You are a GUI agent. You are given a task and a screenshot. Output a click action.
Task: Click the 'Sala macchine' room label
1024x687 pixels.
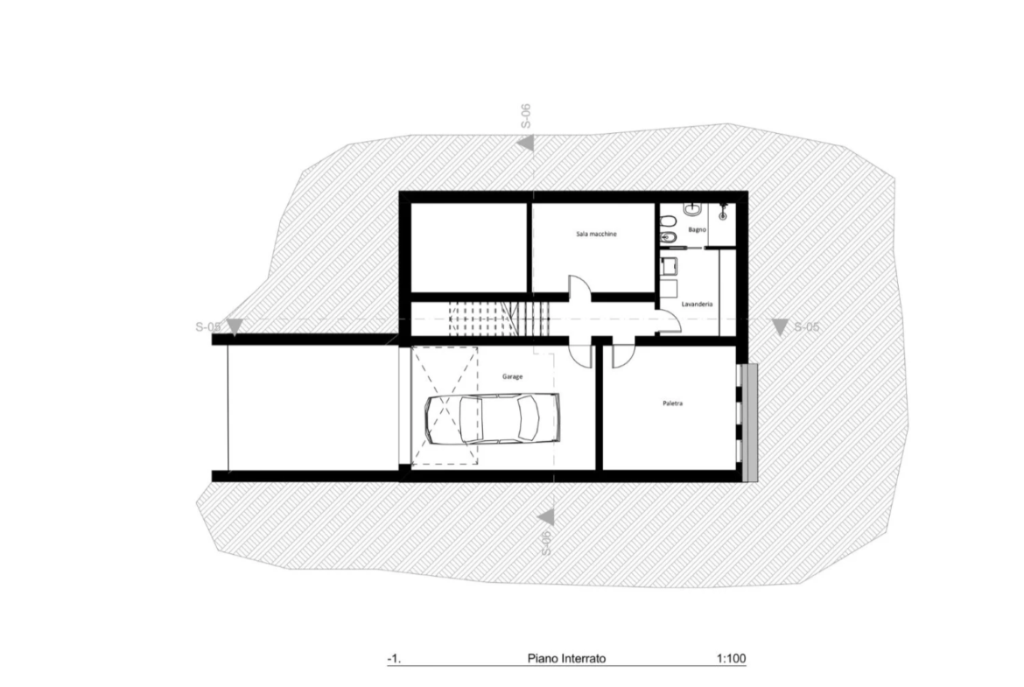coord(596,234)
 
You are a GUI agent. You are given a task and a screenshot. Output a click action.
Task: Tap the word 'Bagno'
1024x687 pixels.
coord(697,230)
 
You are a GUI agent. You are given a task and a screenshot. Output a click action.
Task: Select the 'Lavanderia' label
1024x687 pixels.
coord(697,305)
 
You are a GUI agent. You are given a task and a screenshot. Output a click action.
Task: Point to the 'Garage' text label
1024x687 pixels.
coord(512,377)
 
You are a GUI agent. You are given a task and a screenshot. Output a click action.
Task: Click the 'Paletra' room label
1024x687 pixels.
coord(673,403)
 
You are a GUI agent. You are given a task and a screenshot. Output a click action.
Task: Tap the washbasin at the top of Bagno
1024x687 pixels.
coord(692,210)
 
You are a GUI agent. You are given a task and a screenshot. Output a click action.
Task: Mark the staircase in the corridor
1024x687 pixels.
coord(500,319)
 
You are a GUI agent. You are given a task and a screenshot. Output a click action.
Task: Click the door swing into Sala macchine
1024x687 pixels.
coord(580,287)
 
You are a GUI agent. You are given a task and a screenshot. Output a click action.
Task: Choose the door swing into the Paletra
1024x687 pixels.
coord(623,357)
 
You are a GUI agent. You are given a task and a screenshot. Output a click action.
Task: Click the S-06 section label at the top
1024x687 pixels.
coord(526,116)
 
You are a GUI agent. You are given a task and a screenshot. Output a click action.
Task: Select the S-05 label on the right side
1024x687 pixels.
coord(806,326)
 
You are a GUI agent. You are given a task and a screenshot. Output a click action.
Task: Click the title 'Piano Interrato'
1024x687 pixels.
coord(566,658)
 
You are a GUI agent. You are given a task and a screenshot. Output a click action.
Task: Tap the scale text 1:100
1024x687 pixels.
coord(731,658)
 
